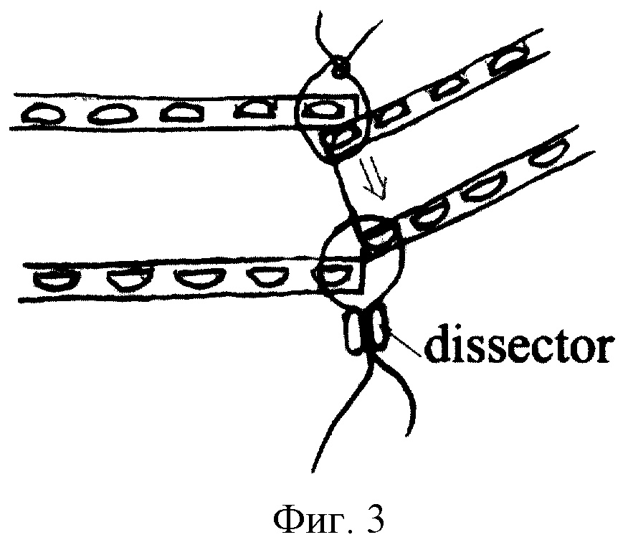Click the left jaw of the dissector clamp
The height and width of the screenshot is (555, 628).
354,334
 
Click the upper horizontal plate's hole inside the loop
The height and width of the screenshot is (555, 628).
321,110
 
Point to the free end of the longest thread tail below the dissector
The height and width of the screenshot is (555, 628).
313,471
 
